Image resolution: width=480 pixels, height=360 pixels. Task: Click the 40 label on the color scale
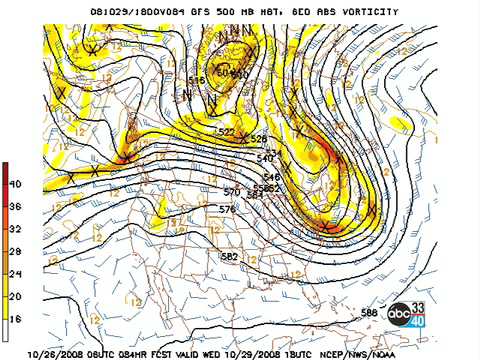point(17,184)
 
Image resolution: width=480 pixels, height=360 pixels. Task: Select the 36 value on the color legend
point(17,207)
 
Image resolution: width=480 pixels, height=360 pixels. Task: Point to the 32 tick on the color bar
point(17,229)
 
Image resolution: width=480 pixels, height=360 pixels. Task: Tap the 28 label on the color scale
point(17,251)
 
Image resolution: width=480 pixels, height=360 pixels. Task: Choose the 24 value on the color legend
point(17,273)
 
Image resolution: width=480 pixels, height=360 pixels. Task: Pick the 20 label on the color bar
point(17,296)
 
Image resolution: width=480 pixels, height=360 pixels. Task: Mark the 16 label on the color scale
point(17,318)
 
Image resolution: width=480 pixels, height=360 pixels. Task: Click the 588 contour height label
point(370,313)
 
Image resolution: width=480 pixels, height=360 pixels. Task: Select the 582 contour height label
point(229,257)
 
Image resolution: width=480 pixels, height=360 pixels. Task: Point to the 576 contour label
point(227,209)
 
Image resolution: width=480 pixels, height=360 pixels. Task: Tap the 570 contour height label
point(231,191)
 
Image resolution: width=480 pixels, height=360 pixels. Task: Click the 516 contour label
point(196,80)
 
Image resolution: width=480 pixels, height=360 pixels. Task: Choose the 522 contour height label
point(227,131)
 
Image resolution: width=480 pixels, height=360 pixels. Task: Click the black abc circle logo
point(400,314)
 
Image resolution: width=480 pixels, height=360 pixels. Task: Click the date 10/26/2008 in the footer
point(59,353)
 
